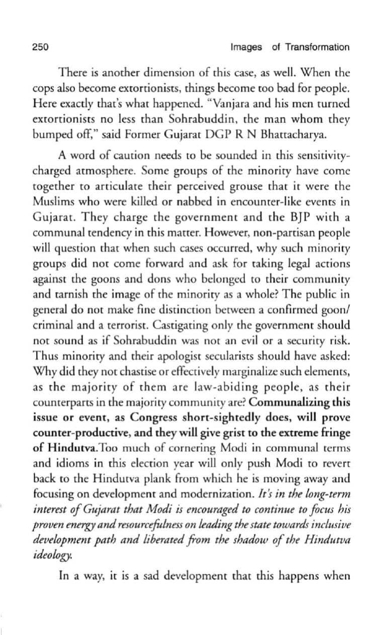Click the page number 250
39,47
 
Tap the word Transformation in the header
317,47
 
